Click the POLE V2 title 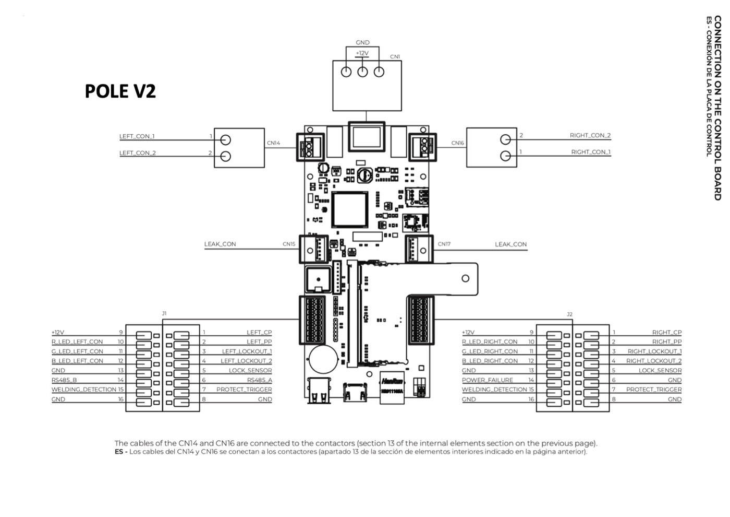120,91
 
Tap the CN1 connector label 395,57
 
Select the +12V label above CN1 362,53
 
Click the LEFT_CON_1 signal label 137,136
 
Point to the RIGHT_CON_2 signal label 590,135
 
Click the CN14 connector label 273,143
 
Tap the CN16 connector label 458,143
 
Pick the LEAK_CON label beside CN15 220,244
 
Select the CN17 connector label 444,244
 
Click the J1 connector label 164,313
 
